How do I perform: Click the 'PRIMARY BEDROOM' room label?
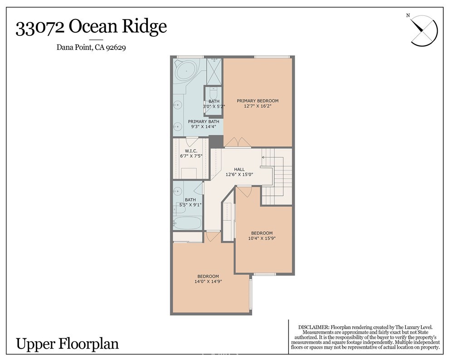(x=258, y=101)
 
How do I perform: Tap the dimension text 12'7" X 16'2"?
(x=258, y=107)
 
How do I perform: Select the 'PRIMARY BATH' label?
(x=204, y=122)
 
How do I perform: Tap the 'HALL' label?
(x=239, y=169)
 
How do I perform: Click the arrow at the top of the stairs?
(x=264, y=157)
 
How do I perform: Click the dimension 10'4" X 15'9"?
(x=262, y=238)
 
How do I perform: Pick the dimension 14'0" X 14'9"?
(x=208, y=282)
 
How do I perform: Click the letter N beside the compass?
(x=408, y=16)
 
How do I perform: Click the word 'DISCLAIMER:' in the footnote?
(x=314, y=327)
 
